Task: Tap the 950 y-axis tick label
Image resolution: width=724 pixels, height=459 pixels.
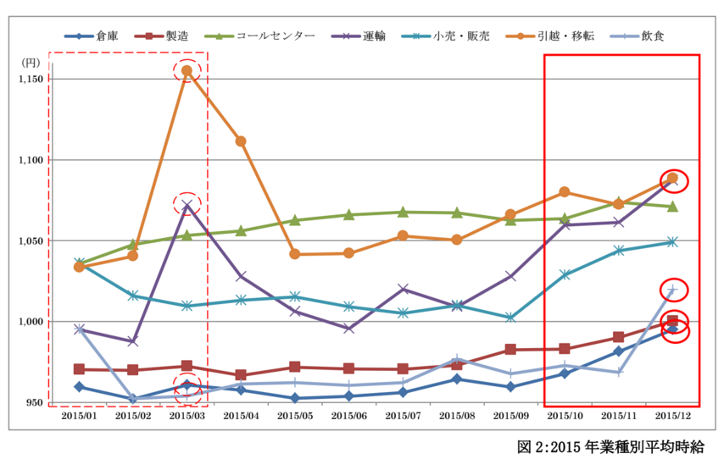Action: pyautogui.click(x=34, y=402)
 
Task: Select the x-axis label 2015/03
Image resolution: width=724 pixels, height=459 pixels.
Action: pyautogui.click(x=187, y=416)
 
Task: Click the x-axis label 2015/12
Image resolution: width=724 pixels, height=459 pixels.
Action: pyautogui.click(x=672, y=416)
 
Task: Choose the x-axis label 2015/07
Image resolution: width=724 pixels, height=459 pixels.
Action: pyautogui.click(x=403, y=416)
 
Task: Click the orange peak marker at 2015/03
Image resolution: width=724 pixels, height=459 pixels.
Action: pyautogui.click(x=187, y=70)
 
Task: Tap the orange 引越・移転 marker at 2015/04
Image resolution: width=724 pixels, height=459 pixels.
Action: pyautogui.click(x=241, y=141)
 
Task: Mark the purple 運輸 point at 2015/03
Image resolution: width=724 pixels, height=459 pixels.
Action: pyautogui.click(x=187, y=204)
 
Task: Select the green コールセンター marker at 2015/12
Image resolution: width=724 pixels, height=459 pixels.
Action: pyautogui.click(x=672, y=207)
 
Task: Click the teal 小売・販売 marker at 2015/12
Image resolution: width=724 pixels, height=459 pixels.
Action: pyautogui.click(x=672, y=241)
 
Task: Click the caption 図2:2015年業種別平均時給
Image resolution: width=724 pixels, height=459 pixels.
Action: pyautogui.click(x=610, y=445)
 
